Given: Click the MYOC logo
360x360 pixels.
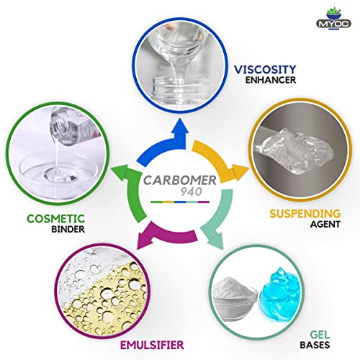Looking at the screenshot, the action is pos(333,19).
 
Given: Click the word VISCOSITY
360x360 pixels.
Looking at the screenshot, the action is pos(265,70).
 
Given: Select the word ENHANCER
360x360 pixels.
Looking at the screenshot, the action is pos(271,80).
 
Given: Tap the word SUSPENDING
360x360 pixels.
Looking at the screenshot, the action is pos(305,214).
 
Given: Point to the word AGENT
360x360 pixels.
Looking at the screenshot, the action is pos(325,225).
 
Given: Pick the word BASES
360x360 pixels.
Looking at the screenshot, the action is pos(315,345).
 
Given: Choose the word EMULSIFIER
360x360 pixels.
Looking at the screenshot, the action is pos(152,345).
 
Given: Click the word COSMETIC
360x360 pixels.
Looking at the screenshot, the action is pos(55,219).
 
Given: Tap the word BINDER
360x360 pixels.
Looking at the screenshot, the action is pos(68,229).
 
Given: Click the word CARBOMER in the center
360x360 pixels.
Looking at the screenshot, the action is pos(180,181).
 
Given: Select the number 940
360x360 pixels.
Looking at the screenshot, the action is pos(192,192).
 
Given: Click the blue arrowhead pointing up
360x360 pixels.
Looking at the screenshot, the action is pos(180,125).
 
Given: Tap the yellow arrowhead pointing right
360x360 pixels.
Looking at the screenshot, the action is pos(240,172).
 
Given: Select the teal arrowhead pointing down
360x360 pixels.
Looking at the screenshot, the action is pos(215,240).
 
